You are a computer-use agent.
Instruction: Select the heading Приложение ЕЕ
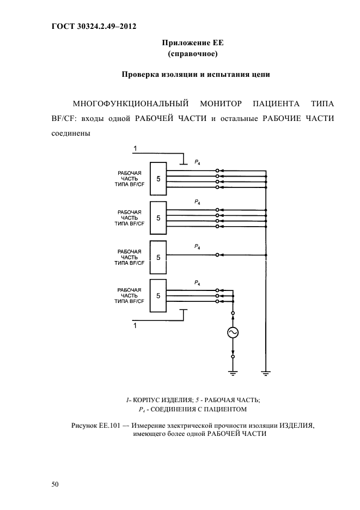coord(190,43)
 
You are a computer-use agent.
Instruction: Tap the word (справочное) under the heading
coord(190,54)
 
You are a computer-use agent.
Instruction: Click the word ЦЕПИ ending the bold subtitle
coord(258,75)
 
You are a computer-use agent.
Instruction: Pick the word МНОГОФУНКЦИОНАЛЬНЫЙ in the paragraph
coord(126,103)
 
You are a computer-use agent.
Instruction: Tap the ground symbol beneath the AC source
coord(234,373)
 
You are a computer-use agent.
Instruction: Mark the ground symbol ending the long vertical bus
coord(266,373)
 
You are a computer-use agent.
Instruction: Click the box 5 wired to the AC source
coord(158,295)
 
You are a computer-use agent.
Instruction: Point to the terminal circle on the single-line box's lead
coord(217,254)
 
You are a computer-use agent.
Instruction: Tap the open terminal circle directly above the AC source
coord(234,314)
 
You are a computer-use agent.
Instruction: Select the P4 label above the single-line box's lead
coord(197,247)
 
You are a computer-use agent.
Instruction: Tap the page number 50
coord(54,484)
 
